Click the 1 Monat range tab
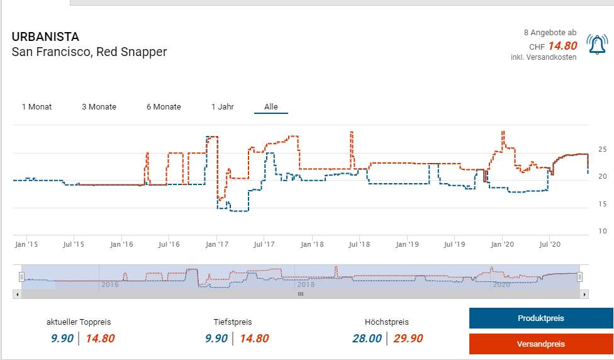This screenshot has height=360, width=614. click(36, 106)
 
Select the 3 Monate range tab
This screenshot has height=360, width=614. click(99, 106)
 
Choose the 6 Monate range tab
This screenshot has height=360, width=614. click(164, 106)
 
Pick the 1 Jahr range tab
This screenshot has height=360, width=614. click(223, 106)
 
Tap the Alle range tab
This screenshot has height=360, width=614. click(271, 106)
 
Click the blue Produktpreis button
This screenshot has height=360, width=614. click(540, 318)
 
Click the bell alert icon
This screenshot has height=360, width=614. click(597, 44)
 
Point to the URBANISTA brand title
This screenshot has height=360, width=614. click(45, 37)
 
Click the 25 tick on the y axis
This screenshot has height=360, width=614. click(602, 150)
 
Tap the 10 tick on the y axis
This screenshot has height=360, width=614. click(602, 230)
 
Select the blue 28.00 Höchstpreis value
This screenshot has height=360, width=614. click(367, 339)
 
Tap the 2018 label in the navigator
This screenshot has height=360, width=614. click(306, 284)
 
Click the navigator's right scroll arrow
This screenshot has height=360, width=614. click(584, 294)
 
